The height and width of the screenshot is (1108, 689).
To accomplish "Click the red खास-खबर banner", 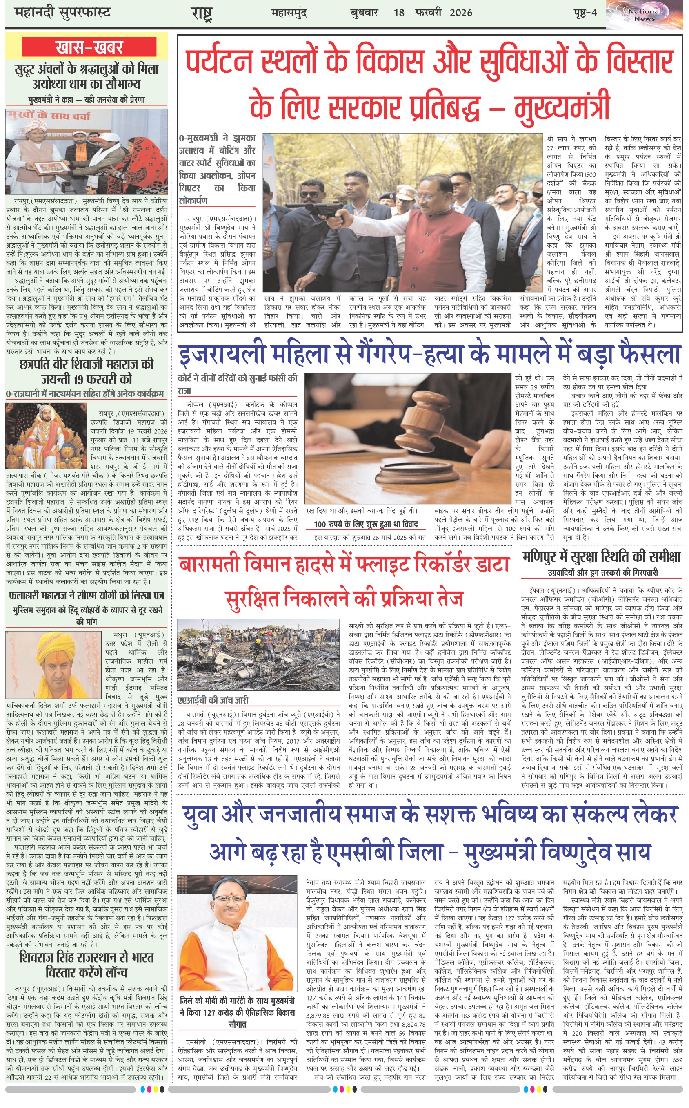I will coord(89,47).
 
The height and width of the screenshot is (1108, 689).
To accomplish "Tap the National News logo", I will coord(645,15).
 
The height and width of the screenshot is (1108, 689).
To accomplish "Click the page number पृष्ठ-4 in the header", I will coord(585,13).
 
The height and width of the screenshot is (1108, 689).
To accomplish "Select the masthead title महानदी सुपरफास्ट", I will coord(62,12).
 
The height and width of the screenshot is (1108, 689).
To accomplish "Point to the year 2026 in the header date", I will coord(461,13).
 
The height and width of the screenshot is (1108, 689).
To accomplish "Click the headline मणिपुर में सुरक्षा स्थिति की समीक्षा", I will coord(602,557).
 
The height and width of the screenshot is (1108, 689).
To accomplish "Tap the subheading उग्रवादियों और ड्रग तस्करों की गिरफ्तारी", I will coord(602,572).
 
